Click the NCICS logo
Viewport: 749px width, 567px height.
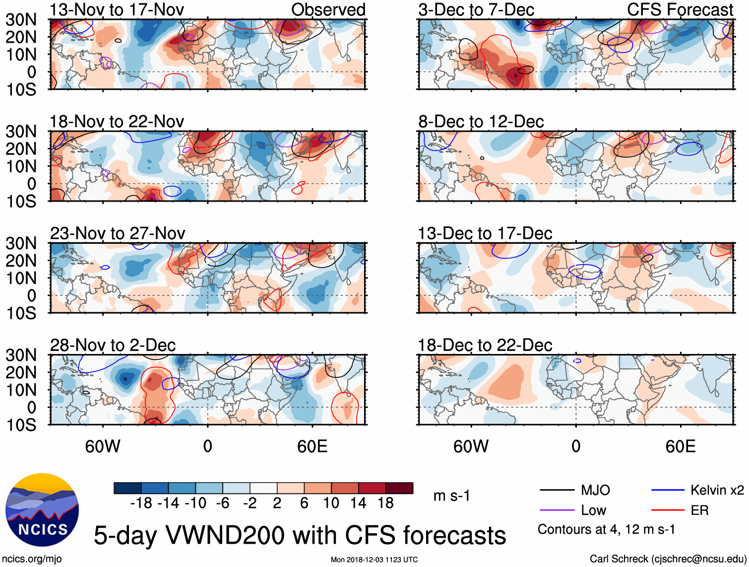tap(42, 510)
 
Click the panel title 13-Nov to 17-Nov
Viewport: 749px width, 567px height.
tap(117, 9)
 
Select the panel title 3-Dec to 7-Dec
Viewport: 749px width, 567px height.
tap(476, 9)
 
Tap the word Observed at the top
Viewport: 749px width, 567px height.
tap(328, 9)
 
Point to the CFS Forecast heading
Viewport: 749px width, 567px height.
tap(680, 9)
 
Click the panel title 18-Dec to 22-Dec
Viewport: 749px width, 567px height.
tap(485, 345)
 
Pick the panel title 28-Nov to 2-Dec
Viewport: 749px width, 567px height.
tap(113, 345)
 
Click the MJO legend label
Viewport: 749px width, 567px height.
tap(595, 491)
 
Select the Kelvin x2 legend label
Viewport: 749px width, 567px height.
tap(717, 491)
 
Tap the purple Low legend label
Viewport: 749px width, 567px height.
tap(593, 510)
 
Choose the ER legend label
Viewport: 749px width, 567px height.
tap(699, 510)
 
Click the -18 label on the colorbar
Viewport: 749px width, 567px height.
tap(141, 503)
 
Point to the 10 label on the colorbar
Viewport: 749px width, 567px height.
tap(331, 503)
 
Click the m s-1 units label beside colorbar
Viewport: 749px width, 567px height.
tap(451, 496)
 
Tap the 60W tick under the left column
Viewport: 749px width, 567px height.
tap(103, 446)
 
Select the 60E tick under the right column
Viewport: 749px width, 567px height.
tap(680, 446)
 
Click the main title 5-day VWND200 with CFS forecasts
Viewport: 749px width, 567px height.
tap(300, 535)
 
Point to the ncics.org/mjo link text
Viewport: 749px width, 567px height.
tap(32, 559)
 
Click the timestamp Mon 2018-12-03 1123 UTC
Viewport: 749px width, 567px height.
tap(374, 560)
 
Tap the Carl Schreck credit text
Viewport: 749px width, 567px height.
tap(668, 559)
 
